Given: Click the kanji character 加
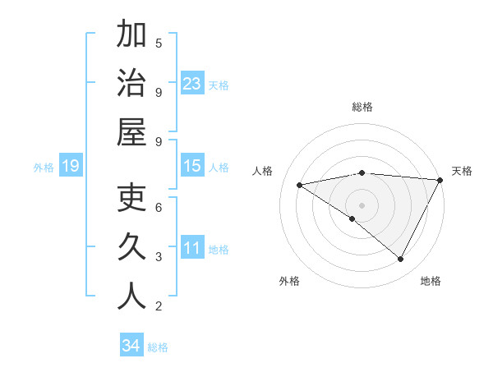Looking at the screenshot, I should [131, 36].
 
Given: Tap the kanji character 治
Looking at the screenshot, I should [131, 85].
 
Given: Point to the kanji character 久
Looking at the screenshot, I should [131, 248].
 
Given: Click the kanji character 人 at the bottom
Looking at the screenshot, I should [131, 296].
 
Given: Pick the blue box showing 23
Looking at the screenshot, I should [192, 84].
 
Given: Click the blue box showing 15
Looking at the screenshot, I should [192, 167].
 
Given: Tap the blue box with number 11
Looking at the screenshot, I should [192, 249].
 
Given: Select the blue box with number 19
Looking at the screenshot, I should [71, 167].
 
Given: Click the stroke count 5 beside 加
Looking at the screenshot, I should [159, 43].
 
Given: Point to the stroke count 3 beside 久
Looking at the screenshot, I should [159, 257].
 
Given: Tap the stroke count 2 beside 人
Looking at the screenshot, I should [159, 306].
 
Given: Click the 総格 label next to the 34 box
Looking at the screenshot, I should [158, 347].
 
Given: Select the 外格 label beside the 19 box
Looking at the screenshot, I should [44, 168].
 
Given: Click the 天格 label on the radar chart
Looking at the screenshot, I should [462, 171].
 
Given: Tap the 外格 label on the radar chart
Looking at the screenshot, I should [288, 281].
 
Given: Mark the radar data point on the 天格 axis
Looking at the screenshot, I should [440, 180].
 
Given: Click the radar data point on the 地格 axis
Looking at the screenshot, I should [401, 260].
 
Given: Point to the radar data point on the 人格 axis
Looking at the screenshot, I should [300, 185].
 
